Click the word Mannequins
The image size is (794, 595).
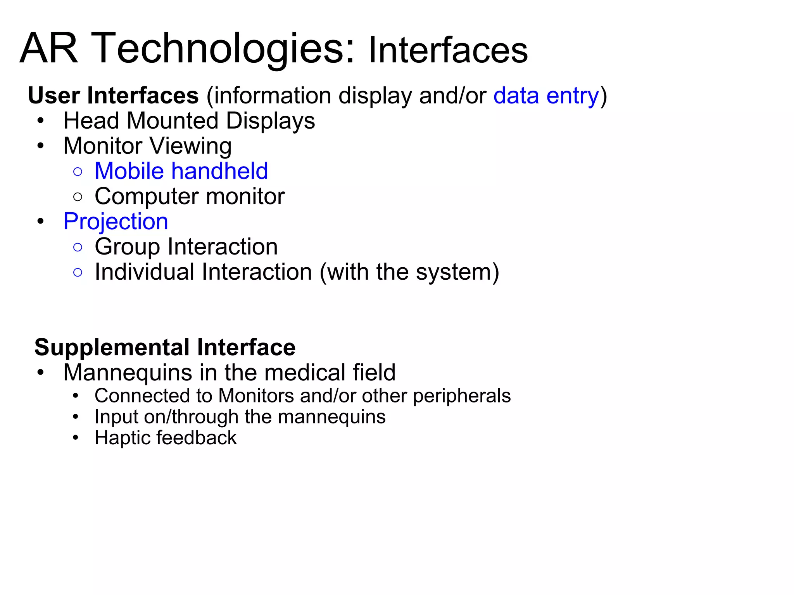click(x=128, y=372)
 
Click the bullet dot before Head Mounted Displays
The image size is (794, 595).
click(x=41, y=121)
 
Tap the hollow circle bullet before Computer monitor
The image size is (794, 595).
click(x=78, y=196)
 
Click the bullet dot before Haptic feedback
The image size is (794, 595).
click(x=76, y=438)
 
